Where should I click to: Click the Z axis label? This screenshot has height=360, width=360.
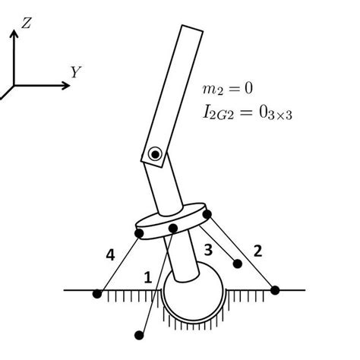26,24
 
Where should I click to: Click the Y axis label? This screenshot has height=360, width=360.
76,72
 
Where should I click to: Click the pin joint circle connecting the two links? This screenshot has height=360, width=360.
155,154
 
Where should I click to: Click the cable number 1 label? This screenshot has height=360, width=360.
148,279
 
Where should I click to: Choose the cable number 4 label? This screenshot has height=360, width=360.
111,256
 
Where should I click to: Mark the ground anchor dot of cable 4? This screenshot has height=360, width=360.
97,293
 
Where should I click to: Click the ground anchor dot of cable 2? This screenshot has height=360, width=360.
275,289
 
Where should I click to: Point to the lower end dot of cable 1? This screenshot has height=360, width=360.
138,333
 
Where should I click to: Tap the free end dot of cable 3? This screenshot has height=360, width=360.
238,264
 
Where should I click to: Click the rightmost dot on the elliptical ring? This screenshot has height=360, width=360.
207,216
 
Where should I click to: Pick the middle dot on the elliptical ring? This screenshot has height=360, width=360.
173,228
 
